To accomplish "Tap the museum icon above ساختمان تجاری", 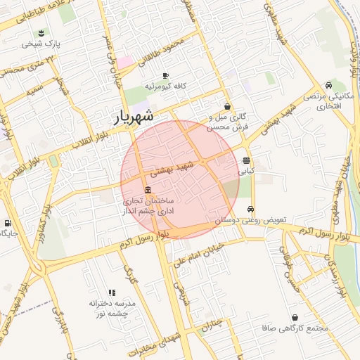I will (148, 191).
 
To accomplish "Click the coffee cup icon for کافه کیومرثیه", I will (166, 75).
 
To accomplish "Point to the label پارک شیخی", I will (41, 44).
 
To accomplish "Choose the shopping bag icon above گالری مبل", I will (227, 106).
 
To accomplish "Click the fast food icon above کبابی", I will (246, 160).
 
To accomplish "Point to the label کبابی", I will (246, 170).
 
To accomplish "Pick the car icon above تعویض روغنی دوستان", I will (250, 210).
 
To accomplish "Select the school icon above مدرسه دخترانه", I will (112, 292).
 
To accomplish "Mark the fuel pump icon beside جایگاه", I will (7, 224).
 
